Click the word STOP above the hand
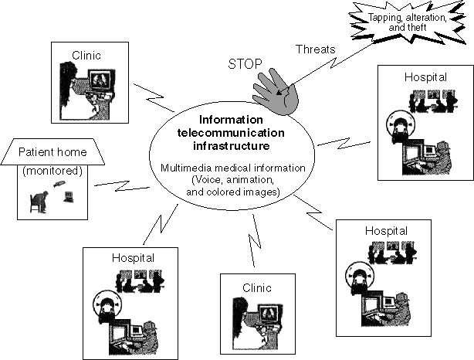(245, 64)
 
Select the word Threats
(316, 49)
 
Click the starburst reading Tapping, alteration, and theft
(408, 22)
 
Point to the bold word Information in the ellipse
(231, 120)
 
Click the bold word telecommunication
(231, 133)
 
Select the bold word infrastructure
(232, 146)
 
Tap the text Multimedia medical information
(233, 168)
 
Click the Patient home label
(52, 152)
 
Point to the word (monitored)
(52, 171)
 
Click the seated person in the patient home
(39, 202)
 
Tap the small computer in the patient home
(68, 197)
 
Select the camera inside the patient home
(59, 184)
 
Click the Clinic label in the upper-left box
(86, 56)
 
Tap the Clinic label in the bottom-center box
(257, 287)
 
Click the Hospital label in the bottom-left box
(133, 258)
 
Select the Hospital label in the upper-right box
(425, 77)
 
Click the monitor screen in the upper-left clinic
(101, 79)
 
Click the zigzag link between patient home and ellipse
(122, 185)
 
